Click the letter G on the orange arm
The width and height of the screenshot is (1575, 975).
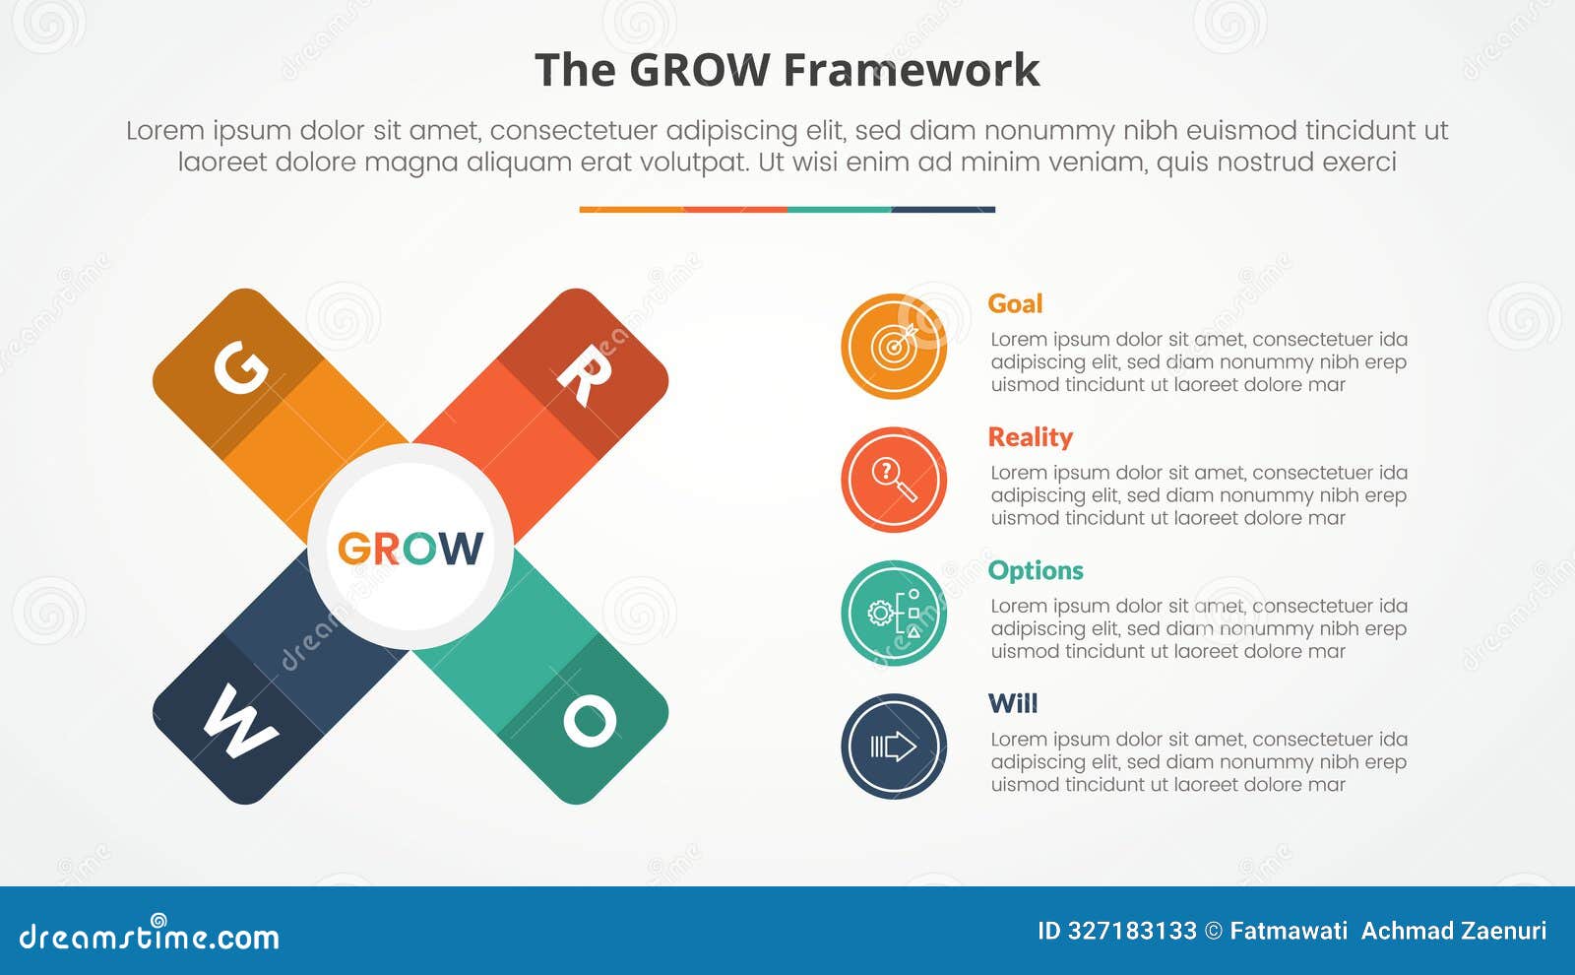point(240,368)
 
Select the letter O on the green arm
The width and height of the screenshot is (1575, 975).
point(590,721)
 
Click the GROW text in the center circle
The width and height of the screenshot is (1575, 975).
point(410,549)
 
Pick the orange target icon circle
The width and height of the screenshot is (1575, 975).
point(894,346)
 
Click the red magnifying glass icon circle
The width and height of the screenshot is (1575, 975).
point(894,480)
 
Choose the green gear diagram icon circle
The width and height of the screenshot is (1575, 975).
point(894,613)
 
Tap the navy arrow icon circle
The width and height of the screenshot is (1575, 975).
point(894,747)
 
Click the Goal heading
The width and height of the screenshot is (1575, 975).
point(1015,303)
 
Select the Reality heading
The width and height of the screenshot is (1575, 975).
point(1030,437)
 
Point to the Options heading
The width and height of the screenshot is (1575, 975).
point(1036,570)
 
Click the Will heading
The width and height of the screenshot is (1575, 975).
point(1013,703)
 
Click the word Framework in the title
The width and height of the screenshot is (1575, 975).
point(912,71)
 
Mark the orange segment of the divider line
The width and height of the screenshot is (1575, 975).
point(631,210)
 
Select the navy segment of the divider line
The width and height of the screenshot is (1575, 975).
point(943,210)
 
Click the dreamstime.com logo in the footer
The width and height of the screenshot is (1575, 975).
point(150,936)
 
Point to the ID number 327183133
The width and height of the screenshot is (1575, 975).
point(1117,931)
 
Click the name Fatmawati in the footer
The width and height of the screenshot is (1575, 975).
point(1289,931)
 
